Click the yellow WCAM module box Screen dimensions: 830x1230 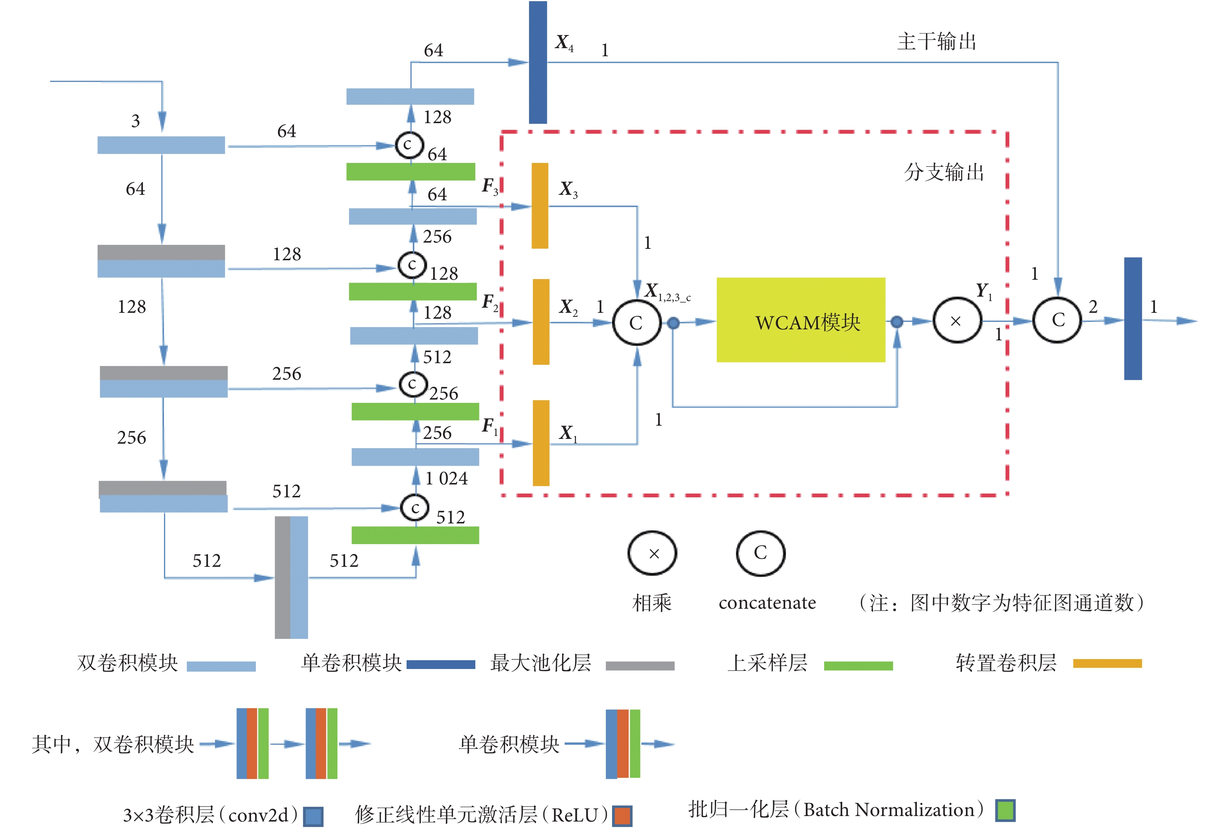[800, 320]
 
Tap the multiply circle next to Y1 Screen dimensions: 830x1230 [957, 321]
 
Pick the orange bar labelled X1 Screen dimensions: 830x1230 [540, 443]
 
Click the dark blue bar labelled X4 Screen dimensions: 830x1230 [538, 62]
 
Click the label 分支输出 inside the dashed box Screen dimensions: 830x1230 [944, 172]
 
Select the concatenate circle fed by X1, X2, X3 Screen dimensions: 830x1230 [636, 322]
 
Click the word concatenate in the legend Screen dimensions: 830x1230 [767, 603]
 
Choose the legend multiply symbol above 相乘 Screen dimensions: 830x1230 [652, 554]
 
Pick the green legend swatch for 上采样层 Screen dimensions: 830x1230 [858, 665]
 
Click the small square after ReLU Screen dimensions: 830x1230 [622, 816]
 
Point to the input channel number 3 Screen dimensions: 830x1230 [136, 121]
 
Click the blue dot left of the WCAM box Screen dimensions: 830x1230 [673, 322]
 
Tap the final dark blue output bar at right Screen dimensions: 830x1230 [1133, 319]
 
